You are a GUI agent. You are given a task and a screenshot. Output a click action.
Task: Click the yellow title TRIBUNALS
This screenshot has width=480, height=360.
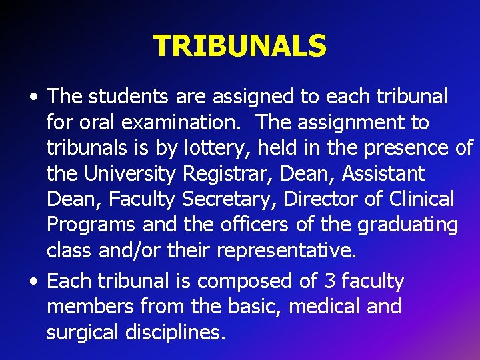pos(240,46)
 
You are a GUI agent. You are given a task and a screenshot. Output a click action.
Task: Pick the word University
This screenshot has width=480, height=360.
pos(130,174)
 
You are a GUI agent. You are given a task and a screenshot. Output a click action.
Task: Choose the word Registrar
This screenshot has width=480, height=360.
pos(228,174)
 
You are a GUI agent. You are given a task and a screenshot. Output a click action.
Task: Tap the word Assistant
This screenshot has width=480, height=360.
pos(383,174)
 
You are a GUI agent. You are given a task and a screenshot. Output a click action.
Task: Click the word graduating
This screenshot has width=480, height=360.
pos(408,225)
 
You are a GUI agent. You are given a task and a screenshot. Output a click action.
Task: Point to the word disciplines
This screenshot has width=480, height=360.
pos(180,332)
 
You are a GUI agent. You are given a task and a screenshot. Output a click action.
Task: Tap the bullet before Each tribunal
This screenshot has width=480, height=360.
pos(33,282)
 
